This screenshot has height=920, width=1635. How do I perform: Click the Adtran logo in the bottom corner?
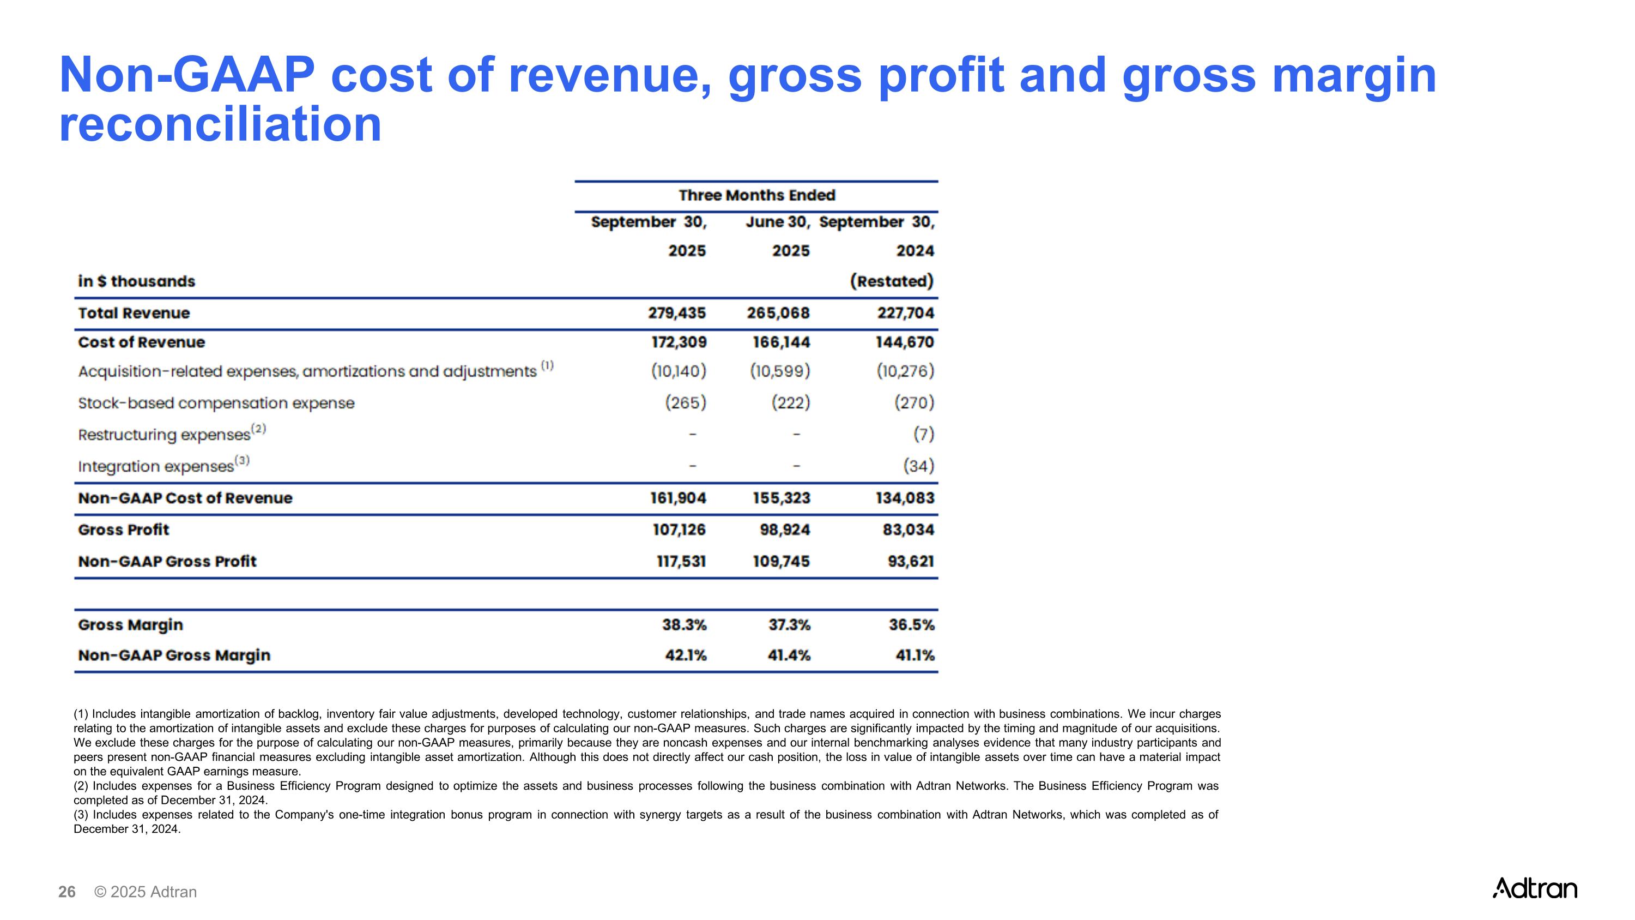1534,888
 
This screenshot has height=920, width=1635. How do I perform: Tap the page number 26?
66,892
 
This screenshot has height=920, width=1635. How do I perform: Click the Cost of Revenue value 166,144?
782,342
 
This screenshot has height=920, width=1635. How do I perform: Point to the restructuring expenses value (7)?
923,434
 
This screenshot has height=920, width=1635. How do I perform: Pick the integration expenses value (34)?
918,466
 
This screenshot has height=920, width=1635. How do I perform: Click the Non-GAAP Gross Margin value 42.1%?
686,656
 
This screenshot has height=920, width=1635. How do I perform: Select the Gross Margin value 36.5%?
911,625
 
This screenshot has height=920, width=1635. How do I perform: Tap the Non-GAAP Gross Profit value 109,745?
782,561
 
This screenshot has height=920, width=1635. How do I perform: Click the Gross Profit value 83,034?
909,530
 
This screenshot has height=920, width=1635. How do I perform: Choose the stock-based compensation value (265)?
686,402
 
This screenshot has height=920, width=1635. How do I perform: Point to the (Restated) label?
892,281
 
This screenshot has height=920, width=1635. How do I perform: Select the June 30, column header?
778,222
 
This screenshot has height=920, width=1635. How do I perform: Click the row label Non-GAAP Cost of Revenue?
185,498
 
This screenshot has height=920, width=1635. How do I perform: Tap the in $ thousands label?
136,281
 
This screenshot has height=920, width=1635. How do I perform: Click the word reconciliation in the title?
220,124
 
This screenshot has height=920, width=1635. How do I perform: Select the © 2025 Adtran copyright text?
146,892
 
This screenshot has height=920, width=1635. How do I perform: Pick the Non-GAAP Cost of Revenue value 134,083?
905,498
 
